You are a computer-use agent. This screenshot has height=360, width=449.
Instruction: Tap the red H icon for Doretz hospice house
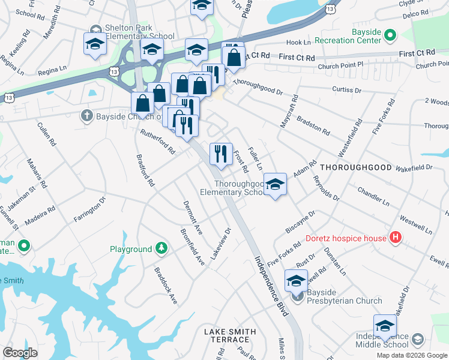[395, 238]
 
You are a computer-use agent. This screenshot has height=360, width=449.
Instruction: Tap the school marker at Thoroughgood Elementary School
[275, 185]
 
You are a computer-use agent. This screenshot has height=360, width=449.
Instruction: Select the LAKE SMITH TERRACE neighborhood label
[229, 335]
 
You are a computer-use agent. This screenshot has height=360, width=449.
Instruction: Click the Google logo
[20, 353]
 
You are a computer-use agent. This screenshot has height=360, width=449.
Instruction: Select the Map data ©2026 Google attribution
[411, 355]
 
